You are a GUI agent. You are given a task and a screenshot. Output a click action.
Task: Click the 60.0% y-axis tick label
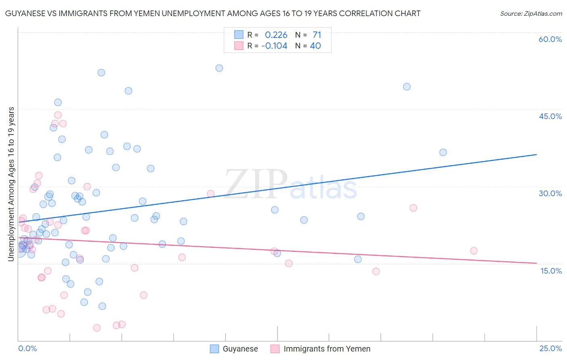pyautogui.click(x=550, y=39)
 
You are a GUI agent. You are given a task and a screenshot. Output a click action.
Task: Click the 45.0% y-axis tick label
pyautogui.click(x=550, y=116)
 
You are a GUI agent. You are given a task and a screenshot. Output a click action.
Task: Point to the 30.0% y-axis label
pyautogui.click(x=550, y=193)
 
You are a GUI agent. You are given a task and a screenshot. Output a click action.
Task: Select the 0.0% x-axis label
pyautogui.click(x=27, y=348)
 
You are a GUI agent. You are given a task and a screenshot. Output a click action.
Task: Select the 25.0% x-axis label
pyautogui.click(x=550, y=348)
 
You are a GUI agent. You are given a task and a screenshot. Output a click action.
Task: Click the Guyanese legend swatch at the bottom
pyautogui.click(x=215, y=349)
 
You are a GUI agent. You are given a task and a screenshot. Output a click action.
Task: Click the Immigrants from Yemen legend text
pyautogui.click(x=327, y=349)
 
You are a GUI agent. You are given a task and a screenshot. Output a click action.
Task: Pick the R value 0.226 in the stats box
pyautogui.click(x=276, y=35)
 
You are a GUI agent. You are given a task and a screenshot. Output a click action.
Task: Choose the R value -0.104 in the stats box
pyautogui.click(x=274, y=46)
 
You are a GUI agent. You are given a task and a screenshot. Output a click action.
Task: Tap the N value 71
pyautogui.click(x=317, y=35)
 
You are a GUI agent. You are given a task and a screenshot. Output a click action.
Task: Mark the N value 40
pyautogui.click(x=315, y=46)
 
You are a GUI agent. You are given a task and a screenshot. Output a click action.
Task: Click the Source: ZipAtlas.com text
pyautogui.click(x=531, y=14)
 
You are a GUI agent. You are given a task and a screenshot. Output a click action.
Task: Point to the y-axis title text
pyautogui.click(x=11, y=184)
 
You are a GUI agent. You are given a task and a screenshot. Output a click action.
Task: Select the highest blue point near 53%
pyautogui.click(x=219, y=68)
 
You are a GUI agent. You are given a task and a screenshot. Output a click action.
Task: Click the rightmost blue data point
pyautogui.click(x=443, y=152)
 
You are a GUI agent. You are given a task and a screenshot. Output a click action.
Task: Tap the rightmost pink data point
pyautogui.click(x=474, y=251)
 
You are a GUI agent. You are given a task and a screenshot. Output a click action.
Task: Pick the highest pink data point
pyautogui.click(x=58, y=115)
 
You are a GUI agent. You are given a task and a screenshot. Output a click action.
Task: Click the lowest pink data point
pyautogui.click(x=97, y=328)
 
